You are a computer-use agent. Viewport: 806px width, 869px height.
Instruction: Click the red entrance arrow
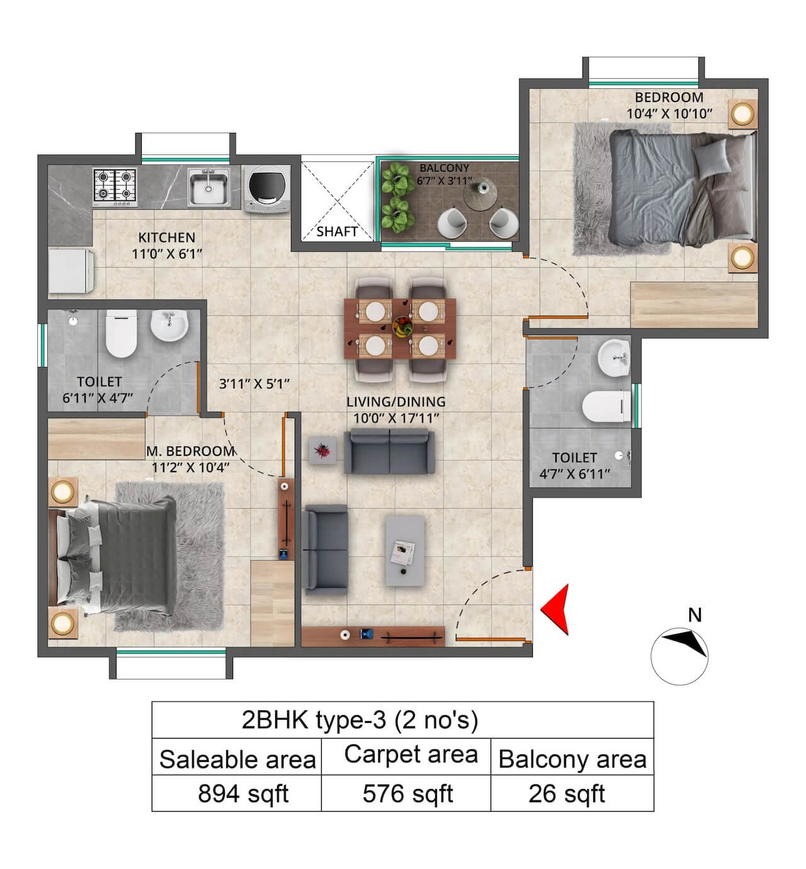pos(557,610)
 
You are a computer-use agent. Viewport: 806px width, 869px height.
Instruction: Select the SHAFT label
pos(337,232)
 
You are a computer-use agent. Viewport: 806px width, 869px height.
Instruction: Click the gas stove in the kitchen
pos(115,186)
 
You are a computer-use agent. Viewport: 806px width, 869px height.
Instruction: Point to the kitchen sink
pos(208,187)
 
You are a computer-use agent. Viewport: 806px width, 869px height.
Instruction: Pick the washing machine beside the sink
pos(267,189)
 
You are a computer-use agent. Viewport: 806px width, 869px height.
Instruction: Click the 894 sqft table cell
pos(242,793)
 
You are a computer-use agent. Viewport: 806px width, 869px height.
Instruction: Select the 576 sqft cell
pos(407,793)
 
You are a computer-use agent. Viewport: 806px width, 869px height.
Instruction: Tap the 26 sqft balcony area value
pos(566,793)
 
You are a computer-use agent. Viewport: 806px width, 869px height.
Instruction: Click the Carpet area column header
pos(411,754)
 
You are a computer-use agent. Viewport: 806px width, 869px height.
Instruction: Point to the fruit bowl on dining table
pos(402,326)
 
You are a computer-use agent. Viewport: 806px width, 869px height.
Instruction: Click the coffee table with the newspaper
pos(404,550)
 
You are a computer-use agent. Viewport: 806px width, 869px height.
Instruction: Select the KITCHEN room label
pos(167,237)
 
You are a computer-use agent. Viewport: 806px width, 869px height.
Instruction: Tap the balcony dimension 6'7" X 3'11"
pos(444,181)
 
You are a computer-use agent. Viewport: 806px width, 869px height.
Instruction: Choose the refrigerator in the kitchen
pos(71,271)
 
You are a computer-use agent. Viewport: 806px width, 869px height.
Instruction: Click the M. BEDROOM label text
pos(190,452)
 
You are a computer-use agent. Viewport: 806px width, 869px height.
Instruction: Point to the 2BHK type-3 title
pos(360,720)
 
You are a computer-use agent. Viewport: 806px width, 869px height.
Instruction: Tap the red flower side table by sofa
pos(322,451)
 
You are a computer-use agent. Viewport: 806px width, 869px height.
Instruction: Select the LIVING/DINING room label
pos(395,402)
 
